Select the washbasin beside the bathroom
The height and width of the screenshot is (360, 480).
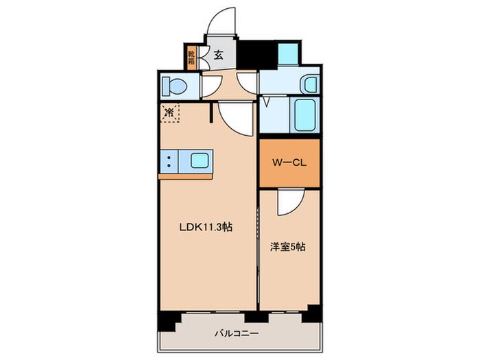pyautogui.click(x=310, y=85)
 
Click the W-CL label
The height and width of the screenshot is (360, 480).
pyautogui.click(x=289, y=163)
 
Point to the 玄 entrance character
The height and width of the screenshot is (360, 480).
pyautogui.click(x=219, y=55)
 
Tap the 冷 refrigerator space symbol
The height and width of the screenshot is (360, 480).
pyautogui.click(x=169, y=112)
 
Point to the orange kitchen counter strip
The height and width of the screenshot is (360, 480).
pyautogui.click(x=184, y=177)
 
